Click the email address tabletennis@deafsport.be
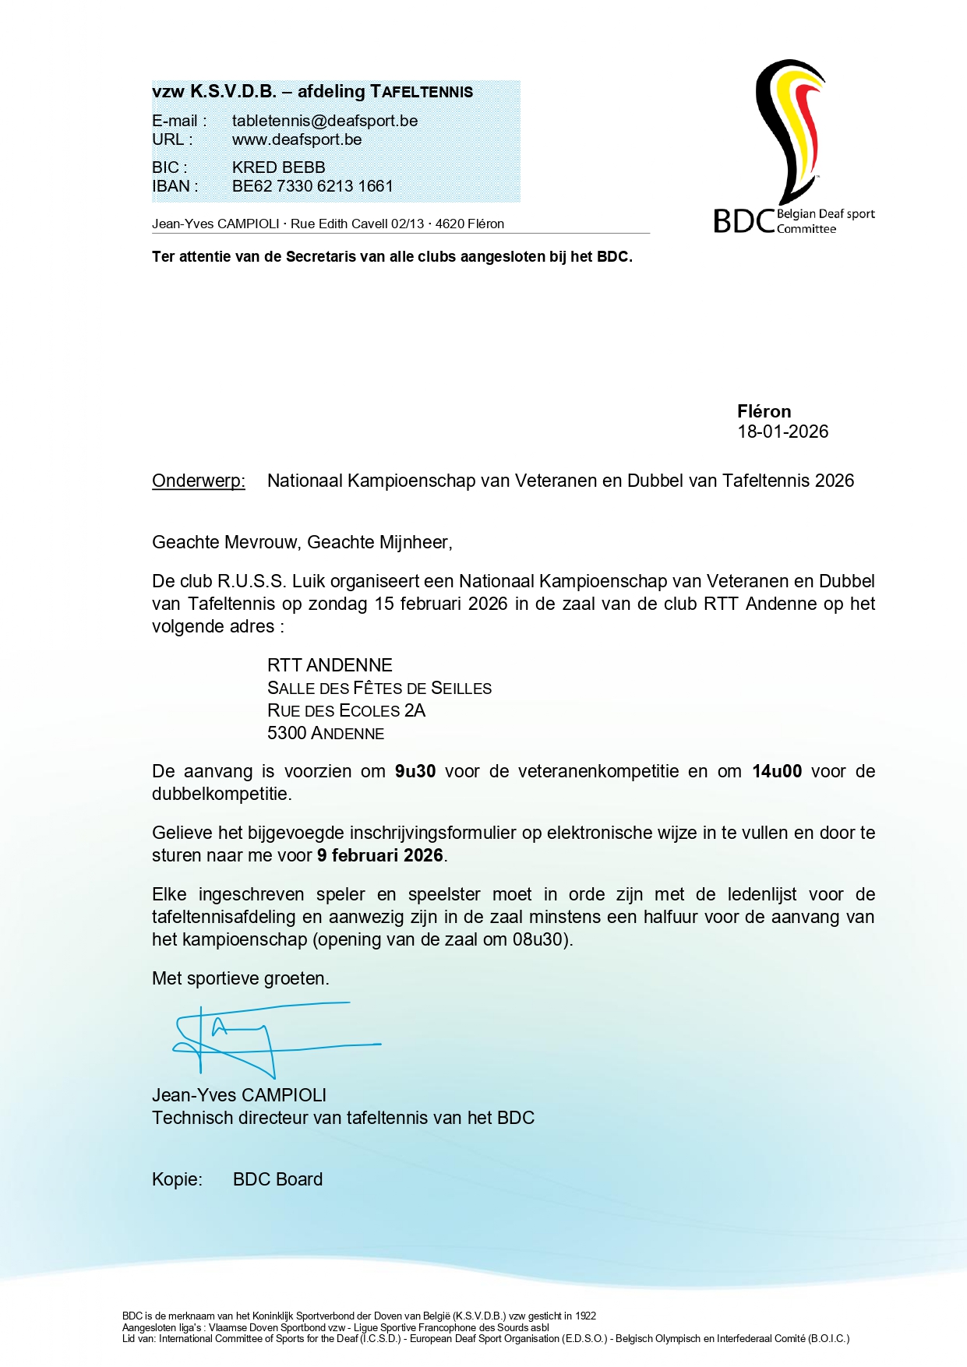pos(324,121)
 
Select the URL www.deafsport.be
pos(297,139)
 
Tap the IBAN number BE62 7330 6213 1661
pos(312,186)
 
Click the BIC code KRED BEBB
pos(278,167)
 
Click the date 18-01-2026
pos(782,432)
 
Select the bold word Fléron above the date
pos(764,411)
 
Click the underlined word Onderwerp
pos(198,481)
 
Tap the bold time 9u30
pos(415,771)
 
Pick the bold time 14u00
pos(776,771)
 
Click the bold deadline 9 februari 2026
pos(379,855)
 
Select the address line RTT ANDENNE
pos(330,665)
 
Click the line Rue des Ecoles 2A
pos(346,710)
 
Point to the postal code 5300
pos(286,733)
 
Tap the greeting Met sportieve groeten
pos(240,978)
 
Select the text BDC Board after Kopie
pos(277,1179)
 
